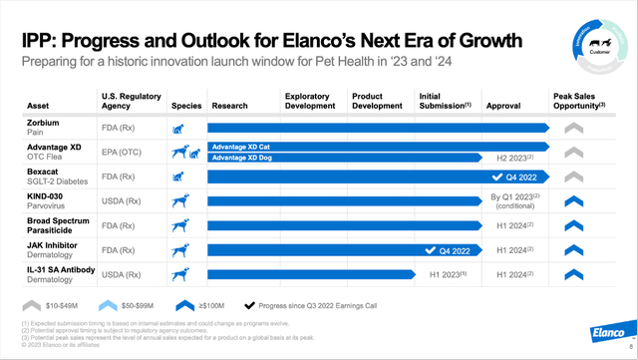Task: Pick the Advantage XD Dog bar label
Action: pos(244,157)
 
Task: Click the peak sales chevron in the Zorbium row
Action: pos(572,128)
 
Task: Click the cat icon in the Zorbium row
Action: pos(179,129)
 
